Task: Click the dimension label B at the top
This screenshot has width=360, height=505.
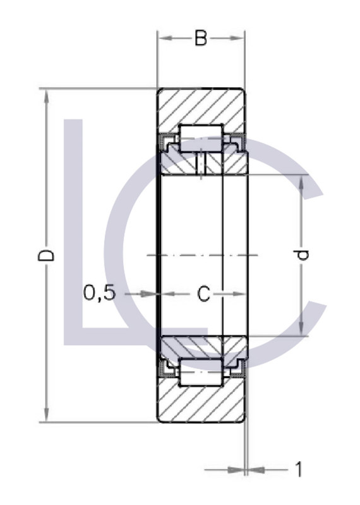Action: click(200, 39)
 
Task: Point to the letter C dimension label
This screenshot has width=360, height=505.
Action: click(203, 294)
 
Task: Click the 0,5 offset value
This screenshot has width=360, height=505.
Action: click(100, 293)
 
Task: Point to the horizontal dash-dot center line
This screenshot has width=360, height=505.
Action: click(202, 255)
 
